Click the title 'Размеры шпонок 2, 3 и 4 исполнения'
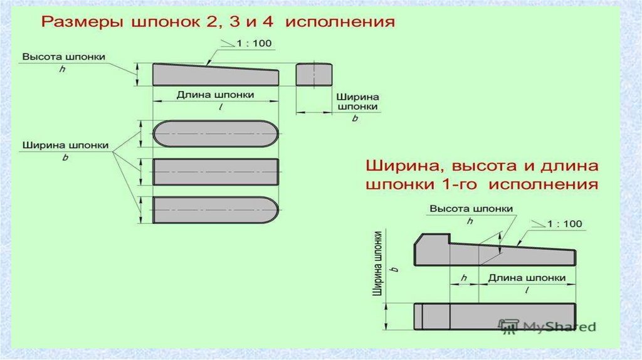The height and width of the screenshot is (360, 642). pos(218,23)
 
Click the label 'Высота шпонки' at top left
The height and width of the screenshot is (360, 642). pos(64,56)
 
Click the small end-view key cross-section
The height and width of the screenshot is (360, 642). pos(313,74)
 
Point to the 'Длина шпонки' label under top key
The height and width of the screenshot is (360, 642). pos(215,95)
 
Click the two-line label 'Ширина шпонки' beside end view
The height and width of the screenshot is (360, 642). pos(357,102)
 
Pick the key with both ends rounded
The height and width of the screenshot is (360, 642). pos(216,134)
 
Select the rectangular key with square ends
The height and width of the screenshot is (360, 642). pos(216,172)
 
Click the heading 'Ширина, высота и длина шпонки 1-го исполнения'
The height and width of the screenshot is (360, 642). pos(482,176)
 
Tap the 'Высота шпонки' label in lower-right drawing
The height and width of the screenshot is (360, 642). pos(471,209)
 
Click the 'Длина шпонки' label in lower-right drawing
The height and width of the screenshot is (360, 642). pos(527,277)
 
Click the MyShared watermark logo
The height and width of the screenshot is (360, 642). pos(547,327)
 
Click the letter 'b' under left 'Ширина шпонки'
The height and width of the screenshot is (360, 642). pos(65,158)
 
